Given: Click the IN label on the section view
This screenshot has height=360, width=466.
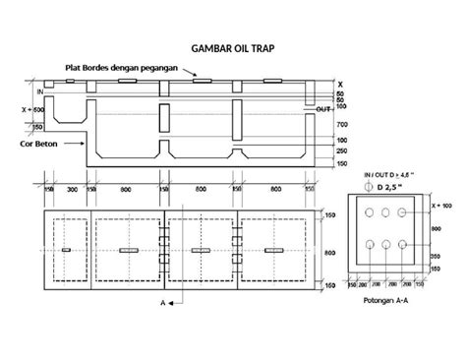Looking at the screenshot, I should (39, 90).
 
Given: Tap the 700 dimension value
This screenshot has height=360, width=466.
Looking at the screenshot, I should (341, 125).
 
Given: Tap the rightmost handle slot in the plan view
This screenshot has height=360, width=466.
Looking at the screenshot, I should (267, 251).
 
